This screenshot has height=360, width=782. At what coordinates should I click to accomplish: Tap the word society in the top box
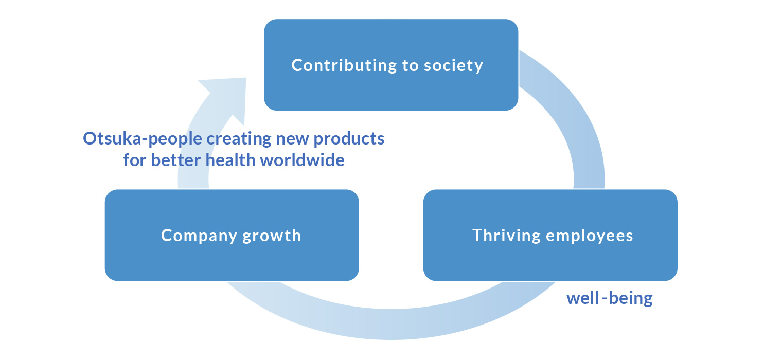[x=453, y=66]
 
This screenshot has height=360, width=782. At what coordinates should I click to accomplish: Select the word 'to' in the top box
[x=410, y=66]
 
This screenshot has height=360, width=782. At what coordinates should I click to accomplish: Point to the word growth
[x=272, y=236]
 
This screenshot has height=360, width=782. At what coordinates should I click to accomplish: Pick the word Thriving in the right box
[x=507, y=236]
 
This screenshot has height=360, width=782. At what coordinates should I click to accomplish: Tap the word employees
[x=590, y=236]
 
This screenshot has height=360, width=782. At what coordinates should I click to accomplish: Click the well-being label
[x=610, y=298]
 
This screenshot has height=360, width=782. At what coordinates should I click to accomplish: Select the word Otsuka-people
[x=143, y=139]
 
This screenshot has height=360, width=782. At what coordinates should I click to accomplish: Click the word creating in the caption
[x=239, y=139]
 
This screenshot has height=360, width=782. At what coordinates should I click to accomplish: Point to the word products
[x=349, y=139]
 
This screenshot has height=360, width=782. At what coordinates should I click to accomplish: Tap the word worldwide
[x=303, y=160]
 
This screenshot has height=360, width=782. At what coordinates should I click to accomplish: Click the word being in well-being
[x=631, y=299]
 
